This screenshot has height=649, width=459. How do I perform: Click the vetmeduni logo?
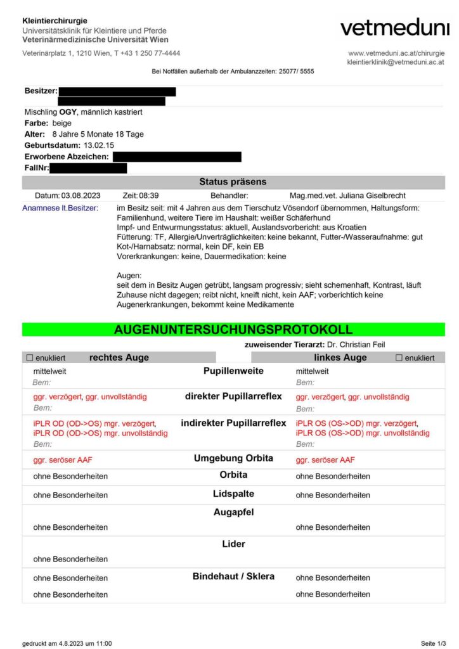[394, 27]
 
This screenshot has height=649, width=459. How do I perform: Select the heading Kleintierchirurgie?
[55, 21]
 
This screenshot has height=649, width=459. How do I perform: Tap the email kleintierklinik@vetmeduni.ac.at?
[396, 62]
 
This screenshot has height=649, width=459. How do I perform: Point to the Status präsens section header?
[233, 182]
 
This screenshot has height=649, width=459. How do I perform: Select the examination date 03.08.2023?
[81, 196]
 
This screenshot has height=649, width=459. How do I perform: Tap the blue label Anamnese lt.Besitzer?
[60, 208]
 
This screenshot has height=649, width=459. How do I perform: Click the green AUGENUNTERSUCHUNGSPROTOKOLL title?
[233, 330]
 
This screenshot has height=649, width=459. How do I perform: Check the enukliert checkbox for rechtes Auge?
[29, 358]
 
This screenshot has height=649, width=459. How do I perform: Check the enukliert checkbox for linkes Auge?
[399, 358]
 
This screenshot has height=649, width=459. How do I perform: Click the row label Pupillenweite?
[233, 371]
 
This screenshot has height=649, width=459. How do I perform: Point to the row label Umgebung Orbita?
[233, 458]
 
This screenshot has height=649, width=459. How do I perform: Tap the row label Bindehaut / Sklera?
[233, 577]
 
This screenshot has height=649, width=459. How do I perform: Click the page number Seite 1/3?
[433, 643]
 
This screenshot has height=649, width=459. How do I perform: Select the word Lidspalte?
[233, 494]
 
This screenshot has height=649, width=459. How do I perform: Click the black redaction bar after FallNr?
[88, 168]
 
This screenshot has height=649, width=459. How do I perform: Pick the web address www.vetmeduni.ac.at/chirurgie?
[396, 53]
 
